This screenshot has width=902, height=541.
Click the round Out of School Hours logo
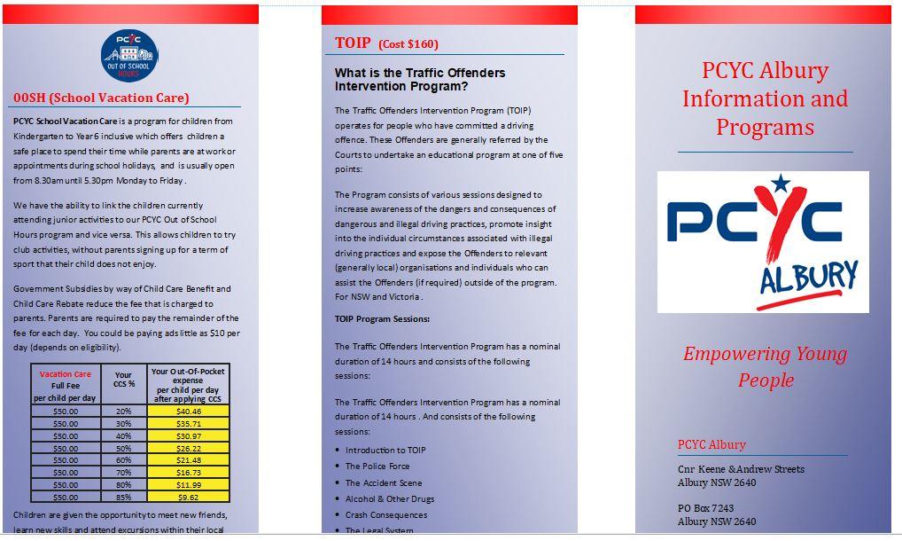coord(129,55)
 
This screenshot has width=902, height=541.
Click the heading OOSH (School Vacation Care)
coord(101,98)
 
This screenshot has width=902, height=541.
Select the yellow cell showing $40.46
coord(189,412)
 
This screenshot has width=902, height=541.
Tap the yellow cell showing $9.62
coord(189,496)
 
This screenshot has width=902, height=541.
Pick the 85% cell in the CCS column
coord(124,496)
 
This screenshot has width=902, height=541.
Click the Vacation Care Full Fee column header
coord(66,386)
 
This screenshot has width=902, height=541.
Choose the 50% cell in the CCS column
coord(124,448)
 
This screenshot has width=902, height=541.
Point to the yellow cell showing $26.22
coord(189,448)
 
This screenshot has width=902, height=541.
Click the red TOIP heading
coord(353,43)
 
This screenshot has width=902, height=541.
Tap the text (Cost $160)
coord(408,44)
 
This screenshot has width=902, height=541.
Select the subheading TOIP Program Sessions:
coord(382,318)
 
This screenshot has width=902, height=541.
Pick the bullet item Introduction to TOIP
coord(385,450)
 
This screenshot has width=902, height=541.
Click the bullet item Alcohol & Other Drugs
coord(390,498)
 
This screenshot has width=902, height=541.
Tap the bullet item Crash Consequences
coord(386,514)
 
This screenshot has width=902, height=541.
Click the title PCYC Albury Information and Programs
coord(765,98)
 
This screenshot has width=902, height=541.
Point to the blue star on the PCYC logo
coord(780,184)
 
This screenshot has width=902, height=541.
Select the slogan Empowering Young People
coord(765,366)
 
